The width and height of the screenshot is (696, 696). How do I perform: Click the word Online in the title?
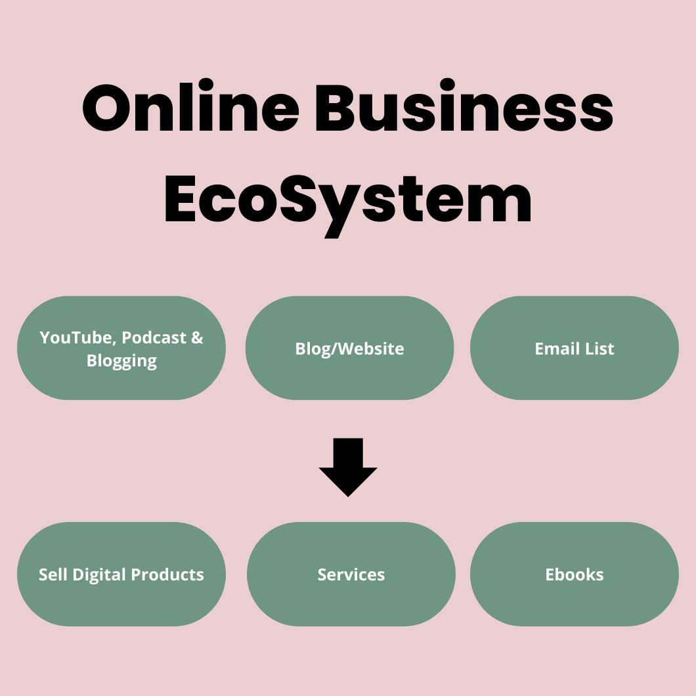190,108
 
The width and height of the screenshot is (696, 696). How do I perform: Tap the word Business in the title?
464,108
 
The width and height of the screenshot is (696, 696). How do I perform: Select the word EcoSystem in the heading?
348,200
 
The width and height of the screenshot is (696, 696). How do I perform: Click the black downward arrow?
348,467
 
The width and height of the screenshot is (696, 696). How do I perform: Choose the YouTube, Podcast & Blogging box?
121,348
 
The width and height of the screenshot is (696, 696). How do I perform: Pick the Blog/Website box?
349,348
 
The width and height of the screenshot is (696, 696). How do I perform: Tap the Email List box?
575,348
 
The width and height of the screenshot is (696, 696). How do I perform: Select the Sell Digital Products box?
121,575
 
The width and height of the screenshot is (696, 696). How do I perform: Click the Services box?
351,575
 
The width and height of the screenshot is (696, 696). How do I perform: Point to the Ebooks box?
575,575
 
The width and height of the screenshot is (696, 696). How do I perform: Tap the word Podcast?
154,337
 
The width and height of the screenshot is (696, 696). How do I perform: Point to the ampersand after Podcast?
197,337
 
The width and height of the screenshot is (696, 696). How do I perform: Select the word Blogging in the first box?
121,361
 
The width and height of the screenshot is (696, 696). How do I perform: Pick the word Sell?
53,575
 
